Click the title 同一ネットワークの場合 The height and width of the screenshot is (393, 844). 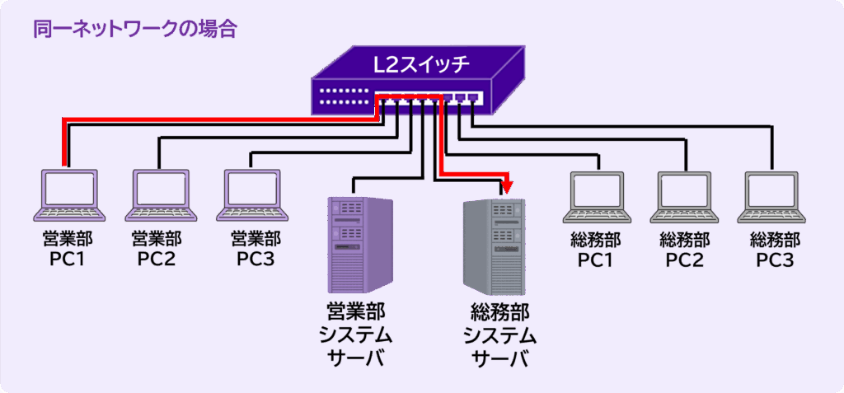pos(135,30)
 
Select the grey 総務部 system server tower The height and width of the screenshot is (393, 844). pos(493,246)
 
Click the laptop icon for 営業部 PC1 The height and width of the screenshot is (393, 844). pos(69,196)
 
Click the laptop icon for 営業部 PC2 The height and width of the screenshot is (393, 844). pos(161,196)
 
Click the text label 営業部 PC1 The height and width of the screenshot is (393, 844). pos(69,249)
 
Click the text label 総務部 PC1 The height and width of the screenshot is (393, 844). pos(597,250)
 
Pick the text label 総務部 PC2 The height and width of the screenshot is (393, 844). pos(685,250)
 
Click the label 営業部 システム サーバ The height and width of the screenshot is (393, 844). pos(356,335)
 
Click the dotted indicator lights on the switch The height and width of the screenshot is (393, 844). pos(344,96)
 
